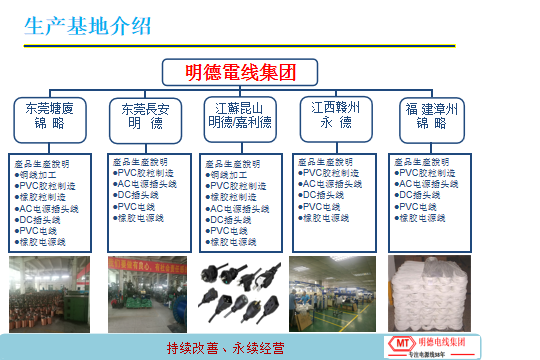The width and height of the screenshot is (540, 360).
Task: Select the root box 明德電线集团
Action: coord(241,72)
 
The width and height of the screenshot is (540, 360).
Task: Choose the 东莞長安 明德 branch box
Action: coord(145,116)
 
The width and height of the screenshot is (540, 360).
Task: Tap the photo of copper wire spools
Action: coord(49,292)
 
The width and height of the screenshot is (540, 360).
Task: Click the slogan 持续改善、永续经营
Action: coord(225,348)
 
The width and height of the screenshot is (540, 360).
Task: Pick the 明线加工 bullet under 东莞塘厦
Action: coord(40,174)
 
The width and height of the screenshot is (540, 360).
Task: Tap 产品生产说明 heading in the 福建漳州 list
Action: coord(419,162)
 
